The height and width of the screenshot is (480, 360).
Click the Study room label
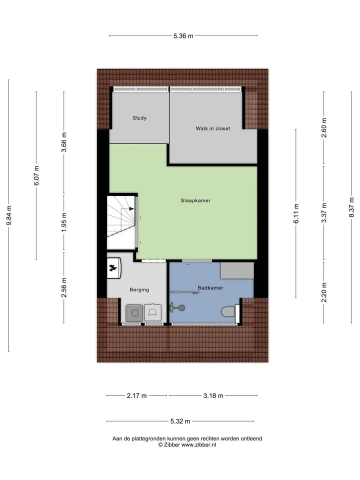pos(139,118)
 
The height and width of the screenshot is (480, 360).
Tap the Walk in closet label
pos(213,128)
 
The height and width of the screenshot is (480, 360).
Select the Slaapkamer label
pos(195,200)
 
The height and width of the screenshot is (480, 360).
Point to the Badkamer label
pos(210,288)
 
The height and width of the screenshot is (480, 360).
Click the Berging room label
pos(139,289)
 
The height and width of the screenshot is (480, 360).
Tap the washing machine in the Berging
pos(134,313)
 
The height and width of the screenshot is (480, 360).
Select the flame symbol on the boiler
pos(112,268)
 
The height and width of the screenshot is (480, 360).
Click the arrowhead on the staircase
pos(131,209)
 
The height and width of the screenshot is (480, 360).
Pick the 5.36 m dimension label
pos(183,36)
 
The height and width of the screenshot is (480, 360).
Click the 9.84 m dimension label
pos(9,215)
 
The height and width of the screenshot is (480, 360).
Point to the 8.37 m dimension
pos(351,207)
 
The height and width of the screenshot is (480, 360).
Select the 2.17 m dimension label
pos(137,396)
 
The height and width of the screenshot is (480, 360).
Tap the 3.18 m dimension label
pos(213,396)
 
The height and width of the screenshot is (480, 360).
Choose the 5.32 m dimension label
pos(180,421)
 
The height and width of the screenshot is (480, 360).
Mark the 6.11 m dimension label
pos(296,213)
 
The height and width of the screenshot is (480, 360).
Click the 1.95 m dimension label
pos(64,222)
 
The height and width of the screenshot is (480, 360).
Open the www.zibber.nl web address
pos(198,445)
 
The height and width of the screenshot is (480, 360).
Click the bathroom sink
pos(178,307)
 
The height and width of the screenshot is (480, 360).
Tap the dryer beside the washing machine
pos(153,312)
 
